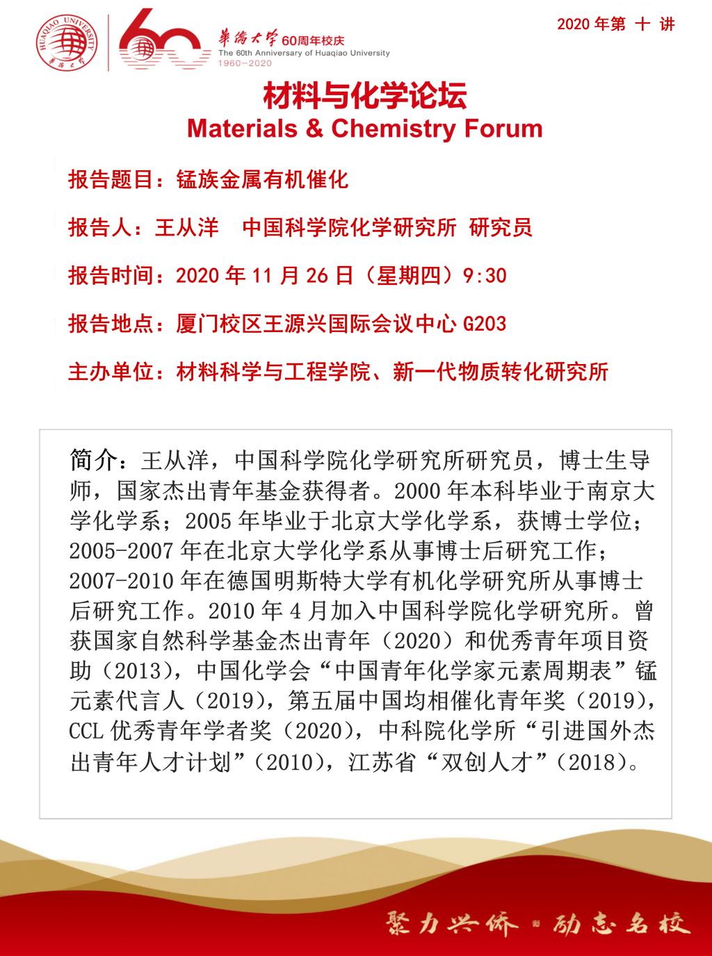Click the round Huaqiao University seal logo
(x=67, y=41)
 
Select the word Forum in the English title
(x=502, y=129)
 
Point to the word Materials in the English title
(x=242, y=129)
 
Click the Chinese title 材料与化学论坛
(x=364, y=97)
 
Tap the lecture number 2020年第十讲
(x=615, y=24)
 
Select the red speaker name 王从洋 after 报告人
(x=186, y=227)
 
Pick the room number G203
(x=485, y=324)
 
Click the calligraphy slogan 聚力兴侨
(x=451, y=923)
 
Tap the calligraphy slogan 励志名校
(x=621, y=923)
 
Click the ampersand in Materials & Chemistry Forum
(x=315, y=129)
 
